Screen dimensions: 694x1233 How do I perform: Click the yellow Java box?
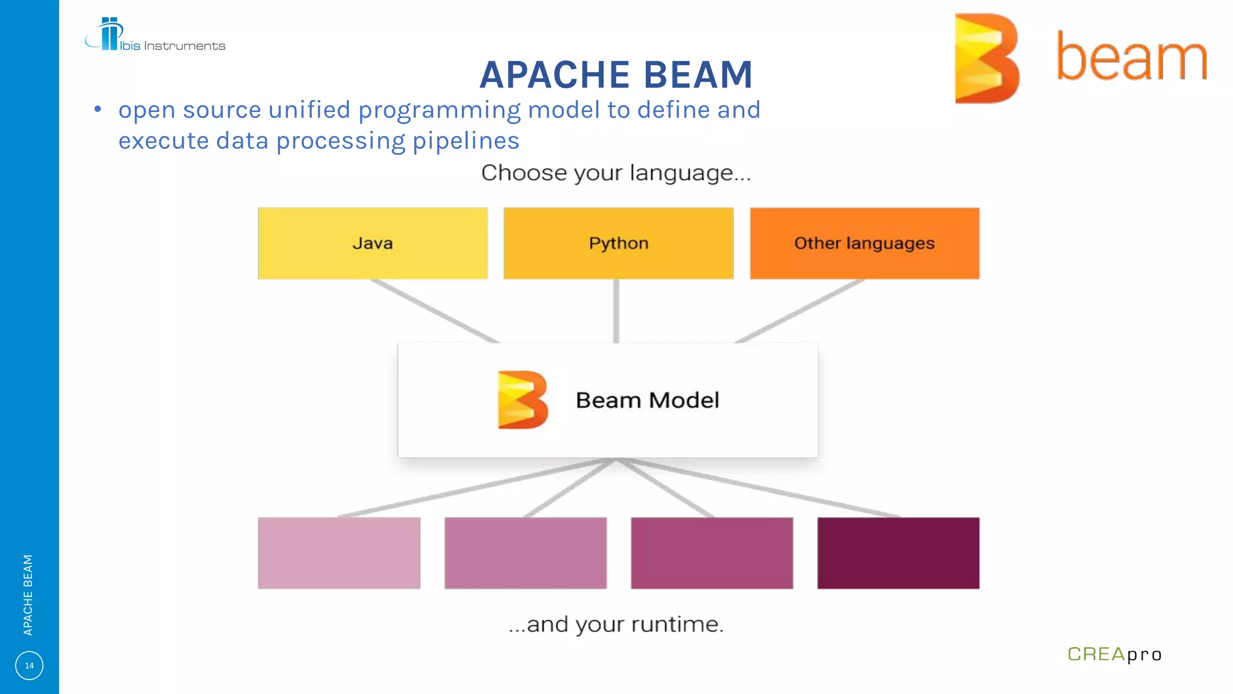pyautogui.click(x=373, y=243)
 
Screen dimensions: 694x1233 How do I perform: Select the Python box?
pyautogui.click(x=618, y=243)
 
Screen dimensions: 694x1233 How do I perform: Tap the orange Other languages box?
pyautogui.click(x=865, y=243)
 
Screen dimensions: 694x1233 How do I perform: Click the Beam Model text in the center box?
pyautogui.click(x=647, y=401)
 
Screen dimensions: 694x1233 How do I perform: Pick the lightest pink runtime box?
pyautogui.click(x=339, y=553)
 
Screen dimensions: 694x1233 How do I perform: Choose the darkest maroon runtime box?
pyautogui.click(x=898, y=553)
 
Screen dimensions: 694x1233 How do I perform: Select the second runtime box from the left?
pyautogui.click(x=526, y=553)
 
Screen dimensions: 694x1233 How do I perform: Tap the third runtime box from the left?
pyautogui.click(x=712, y=553)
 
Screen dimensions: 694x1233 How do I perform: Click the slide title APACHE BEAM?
pyautogui.click(x=616, y=75)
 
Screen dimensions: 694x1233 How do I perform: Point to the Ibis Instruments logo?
pyautogui.click(x=155, y=36)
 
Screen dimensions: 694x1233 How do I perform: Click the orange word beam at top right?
pyautogui.click(x=1132, y=58)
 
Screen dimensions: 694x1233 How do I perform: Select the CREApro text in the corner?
pyautogui.click(x=1114, y=654)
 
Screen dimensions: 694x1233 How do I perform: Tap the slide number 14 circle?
pyautogui.click(x=29, y=666)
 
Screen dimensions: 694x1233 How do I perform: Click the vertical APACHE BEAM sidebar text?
pyautogui.click(x=28, y=595)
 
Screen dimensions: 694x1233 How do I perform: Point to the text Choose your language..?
pyautogui.click(x=616, y=173)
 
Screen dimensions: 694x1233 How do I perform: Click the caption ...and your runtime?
pyautogui.click(x=616, y=624)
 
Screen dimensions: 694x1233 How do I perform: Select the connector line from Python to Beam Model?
pyautogui.click(x=616, y=311)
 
